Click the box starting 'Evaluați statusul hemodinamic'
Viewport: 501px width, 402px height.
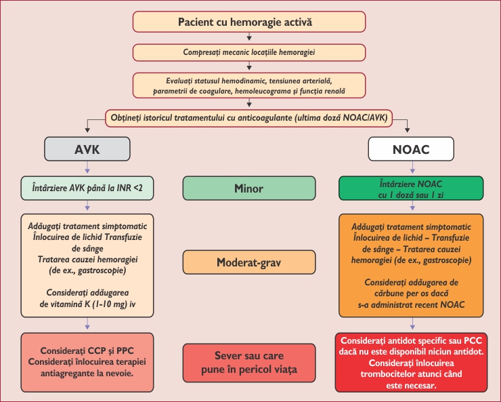(249, 85)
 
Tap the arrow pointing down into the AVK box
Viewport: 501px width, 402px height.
(87, 129)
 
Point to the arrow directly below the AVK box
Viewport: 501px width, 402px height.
(87, 169)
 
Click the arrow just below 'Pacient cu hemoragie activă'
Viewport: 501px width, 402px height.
(250, 37)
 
